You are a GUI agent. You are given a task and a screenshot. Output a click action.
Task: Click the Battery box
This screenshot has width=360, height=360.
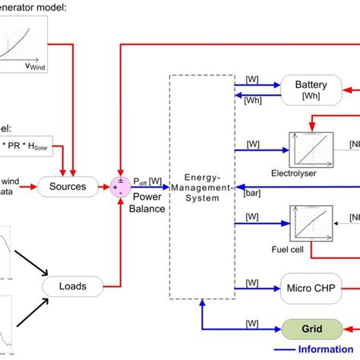[310, 92]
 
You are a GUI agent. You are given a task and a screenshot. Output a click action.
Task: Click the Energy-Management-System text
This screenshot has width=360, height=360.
[197, 187]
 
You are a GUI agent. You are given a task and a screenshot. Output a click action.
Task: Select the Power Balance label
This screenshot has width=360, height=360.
[147, 203]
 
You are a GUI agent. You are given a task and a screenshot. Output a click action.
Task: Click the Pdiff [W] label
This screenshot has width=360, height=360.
[147, 180]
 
